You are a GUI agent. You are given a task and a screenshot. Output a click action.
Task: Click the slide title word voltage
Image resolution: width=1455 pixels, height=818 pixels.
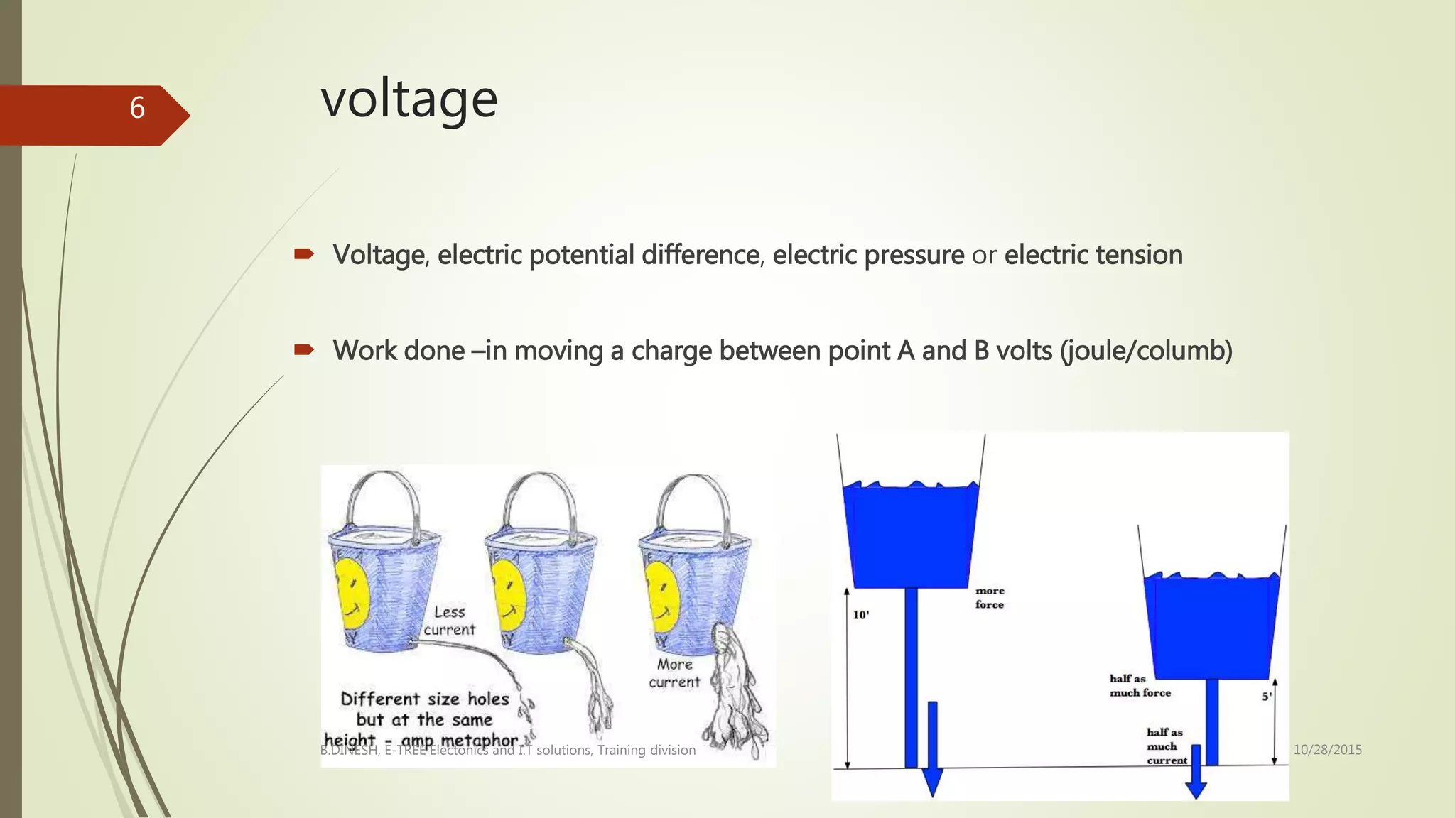coord(409,99)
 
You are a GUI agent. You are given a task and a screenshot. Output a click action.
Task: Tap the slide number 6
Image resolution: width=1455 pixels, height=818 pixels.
coord(137,108)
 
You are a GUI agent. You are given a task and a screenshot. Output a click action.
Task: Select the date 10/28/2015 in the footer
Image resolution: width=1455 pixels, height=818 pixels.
coord(1327,749)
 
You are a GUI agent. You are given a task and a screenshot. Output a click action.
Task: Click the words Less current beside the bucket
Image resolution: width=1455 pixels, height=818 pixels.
coord(449,621)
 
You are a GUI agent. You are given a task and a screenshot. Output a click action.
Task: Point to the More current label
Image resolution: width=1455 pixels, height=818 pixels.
coord(674,673)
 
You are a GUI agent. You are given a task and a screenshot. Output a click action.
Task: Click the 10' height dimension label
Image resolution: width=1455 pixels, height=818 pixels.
coord(861,615)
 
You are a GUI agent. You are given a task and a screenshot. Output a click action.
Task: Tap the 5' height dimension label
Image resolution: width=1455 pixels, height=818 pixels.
coord(1266,697)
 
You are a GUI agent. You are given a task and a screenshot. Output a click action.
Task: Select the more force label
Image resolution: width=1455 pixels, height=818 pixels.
coord(990,598)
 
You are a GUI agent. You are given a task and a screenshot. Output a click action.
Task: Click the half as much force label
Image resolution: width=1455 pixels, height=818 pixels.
coord(1140,686)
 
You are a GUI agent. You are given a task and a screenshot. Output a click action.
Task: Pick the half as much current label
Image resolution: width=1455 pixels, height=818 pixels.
coord(1166,746)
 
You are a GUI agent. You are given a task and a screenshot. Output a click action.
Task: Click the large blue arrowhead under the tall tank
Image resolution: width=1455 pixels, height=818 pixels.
coord(931,782)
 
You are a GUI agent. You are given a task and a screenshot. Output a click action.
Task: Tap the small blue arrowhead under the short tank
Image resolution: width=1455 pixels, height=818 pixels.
coord(1196,789)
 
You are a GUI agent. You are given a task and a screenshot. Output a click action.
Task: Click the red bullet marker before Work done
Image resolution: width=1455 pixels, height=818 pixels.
coord(304,349)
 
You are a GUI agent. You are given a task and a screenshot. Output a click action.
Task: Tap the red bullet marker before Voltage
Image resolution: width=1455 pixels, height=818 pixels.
coord(304,253)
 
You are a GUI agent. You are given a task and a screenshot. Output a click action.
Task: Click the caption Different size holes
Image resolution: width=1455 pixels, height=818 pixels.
coord(425,699)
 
